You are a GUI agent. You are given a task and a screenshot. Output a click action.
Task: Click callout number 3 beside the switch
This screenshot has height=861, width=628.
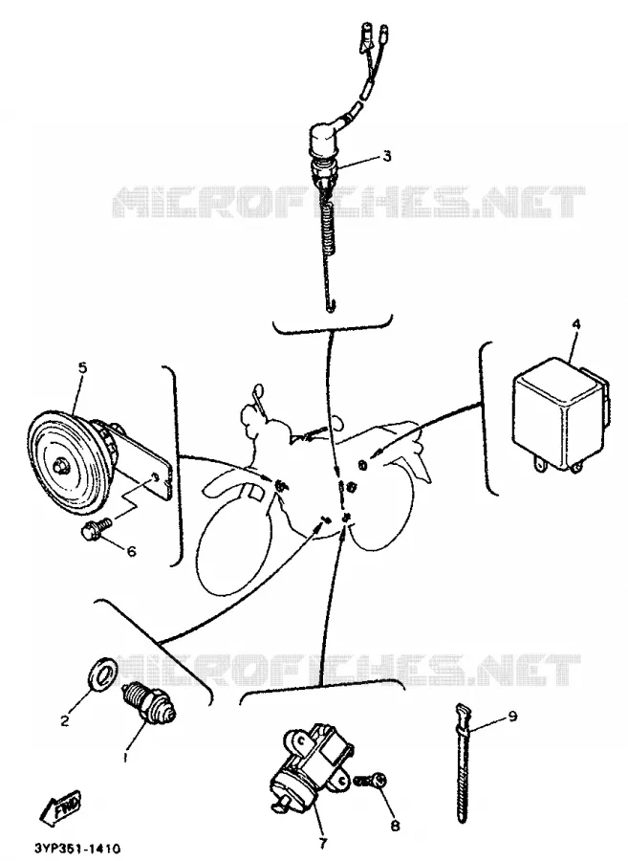pyautogui.click(x=387, y=156)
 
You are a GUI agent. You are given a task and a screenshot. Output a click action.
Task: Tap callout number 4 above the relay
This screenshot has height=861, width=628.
pyautogui.click(x=576, y=324)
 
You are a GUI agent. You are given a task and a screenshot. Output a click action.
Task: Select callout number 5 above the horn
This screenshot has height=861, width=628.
pyautogui.click(x=82, y=367)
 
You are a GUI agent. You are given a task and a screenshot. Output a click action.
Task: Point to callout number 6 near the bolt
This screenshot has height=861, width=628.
pyautogui.click(x=131, y=550)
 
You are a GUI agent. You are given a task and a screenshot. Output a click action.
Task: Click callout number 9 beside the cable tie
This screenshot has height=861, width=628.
pyautogui.click(x=513, y=717)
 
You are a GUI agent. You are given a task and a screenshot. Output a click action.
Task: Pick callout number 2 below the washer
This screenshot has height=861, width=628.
pyautogui.click(x=65, y=721)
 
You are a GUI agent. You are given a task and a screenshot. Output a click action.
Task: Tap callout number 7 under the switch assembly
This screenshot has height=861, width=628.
pyautogui.click(x=321, y=843)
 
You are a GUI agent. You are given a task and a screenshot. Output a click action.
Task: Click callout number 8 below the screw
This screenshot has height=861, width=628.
pyautogui.click(x=395, y=826)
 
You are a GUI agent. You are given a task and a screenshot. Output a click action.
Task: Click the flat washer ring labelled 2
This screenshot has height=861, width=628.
pyautogui.click(x=101, y=673)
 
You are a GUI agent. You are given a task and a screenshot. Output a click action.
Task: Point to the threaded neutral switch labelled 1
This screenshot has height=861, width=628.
pyautogui.click(x=149, y=702)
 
